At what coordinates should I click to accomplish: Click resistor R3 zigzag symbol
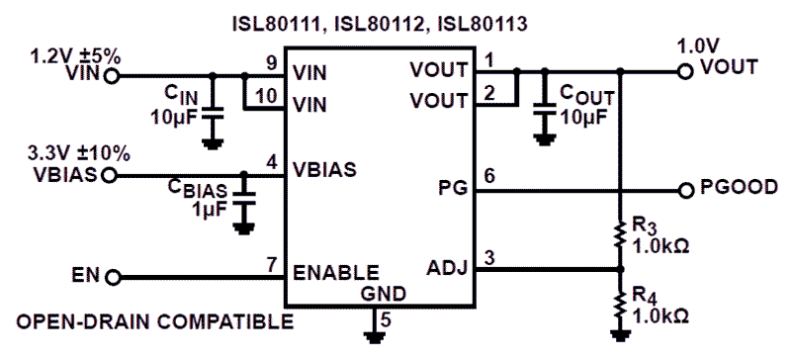[620, 234]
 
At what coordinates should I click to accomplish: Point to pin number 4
[271, 162]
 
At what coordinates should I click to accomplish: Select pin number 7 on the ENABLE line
[271, 265]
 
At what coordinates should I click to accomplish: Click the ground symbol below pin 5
[374, 335]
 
